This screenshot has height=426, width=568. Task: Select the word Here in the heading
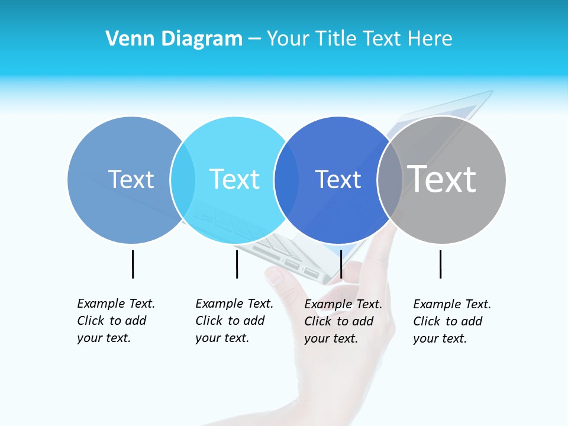pos(431,39)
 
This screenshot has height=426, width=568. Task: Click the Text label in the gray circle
pos(442,179)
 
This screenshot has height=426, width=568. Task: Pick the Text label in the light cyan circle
pos(235,179)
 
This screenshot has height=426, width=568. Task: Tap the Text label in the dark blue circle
pos(338,180)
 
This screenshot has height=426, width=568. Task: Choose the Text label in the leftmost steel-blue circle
pos(131,179)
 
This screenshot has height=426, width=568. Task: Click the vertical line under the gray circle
pos(440,264)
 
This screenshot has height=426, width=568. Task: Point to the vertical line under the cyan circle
pos(237,264)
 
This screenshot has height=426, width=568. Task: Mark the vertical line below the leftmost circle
pos(133,264)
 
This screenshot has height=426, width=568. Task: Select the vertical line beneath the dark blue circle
pos(341,264)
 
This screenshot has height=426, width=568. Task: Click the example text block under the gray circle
pos(451,321)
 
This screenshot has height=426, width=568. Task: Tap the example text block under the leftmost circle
pos(115,321)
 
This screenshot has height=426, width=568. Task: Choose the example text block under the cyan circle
pos(234,321)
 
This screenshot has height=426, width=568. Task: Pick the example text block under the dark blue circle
pos(343,321)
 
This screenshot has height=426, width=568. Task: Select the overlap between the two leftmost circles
pos(183,179)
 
